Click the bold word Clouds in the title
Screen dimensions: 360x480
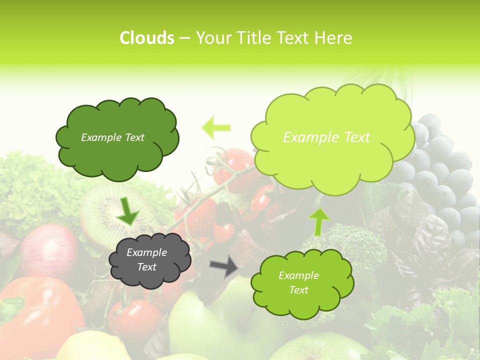tap(147, 38)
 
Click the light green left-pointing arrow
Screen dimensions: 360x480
tap(216, 127)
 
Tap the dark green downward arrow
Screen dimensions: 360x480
tap(127, 210)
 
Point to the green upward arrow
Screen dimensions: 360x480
tap(319, 221)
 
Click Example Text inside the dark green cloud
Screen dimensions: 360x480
tap(112, 137)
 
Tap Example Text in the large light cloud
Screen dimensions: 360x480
tap(326, 137)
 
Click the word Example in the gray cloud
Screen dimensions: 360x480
tap(146, 252)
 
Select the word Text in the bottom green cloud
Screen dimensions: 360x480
tap(298, 290)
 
